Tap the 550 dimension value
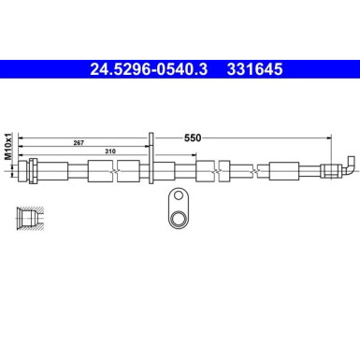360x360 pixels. [x=193, y=137]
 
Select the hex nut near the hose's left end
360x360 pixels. [x=33, y=171]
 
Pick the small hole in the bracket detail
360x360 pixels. [x=176, y=196]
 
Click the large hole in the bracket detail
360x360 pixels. [x=177, y=216]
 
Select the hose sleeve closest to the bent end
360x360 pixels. [x=284, y=171]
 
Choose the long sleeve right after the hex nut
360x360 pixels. [x=53, y=171]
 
